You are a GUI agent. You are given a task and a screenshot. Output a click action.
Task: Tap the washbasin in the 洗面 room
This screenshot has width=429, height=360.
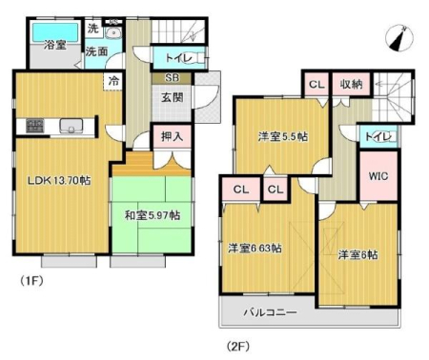[x=112, y=32]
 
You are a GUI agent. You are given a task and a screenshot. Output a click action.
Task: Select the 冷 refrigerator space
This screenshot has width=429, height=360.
[x=113, y=82]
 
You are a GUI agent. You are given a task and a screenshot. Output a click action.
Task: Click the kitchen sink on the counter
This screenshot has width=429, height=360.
[x=71, y=127]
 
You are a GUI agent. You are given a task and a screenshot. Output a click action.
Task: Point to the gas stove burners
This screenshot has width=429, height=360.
[x=35, y=127]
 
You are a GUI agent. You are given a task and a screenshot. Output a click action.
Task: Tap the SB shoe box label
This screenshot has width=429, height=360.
[x=172, y=78]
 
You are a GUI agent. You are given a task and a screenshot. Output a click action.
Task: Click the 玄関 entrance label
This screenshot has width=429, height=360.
[x=173, y=98]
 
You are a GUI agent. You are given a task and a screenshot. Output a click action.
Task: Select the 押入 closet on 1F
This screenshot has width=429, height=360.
[x=172, y=136]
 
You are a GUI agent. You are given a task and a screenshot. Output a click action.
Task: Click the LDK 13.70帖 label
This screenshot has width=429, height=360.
[x=59, y=181]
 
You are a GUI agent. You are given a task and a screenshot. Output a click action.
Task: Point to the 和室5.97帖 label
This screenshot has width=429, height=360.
[x=153, y=215]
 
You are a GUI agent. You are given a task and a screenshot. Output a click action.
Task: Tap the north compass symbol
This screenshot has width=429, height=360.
[x=399, y=38]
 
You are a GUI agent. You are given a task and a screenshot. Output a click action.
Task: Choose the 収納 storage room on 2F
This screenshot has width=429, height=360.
[x=351, y=84]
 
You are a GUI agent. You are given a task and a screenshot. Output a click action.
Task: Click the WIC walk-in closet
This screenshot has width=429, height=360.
[x=378, y=176]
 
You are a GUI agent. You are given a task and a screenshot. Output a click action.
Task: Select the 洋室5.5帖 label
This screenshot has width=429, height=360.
[x=283, y=137]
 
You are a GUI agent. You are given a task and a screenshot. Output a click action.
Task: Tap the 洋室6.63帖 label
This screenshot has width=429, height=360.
[x=255, y=248]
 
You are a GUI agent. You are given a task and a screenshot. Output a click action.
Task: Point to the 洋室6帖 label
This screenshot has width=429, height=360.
[x=358, y=254]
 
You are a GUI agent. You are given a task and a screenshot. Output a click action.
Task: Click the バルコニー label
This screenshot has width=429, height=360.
[x=271, y=312]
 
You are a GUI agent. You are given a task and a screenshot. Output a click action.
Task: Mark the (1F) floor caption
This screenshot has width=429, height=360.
[x=31, y=281]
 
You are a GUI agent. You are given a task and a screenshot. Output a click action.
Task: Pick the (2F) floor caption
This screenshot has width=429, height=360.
[x=238, y=346]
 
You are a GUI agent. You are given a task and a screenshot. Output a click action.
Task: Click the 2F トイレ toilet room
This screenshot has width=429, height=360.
[x=378, y=136]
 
